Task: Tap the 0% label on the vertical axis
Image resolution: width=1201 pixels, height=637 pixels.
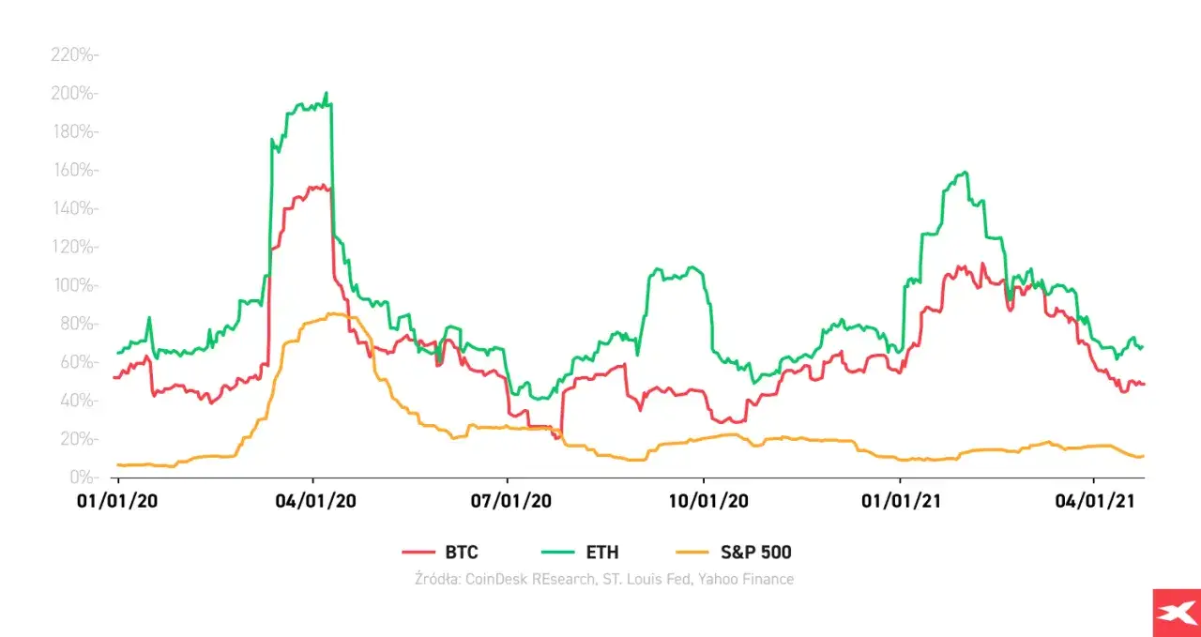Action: point(83,478)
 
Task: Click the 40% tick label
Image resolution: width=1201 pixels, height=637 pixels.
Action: point(78,401)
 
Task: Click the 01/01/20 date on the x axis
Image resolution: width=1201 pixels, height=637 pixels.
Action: point(116,503)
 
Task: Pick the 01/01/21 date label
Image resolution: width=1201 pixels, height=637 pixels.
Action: point(900,503)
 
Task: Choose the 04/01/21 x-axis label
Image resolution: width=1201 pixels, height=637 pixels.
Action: point(1094,503)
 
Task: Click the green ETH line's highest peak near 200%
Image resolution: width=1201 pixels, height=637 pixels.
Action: point(326,93)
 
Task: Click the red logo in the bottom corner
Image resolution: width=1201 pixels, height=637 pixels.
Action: point(1176,613)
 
